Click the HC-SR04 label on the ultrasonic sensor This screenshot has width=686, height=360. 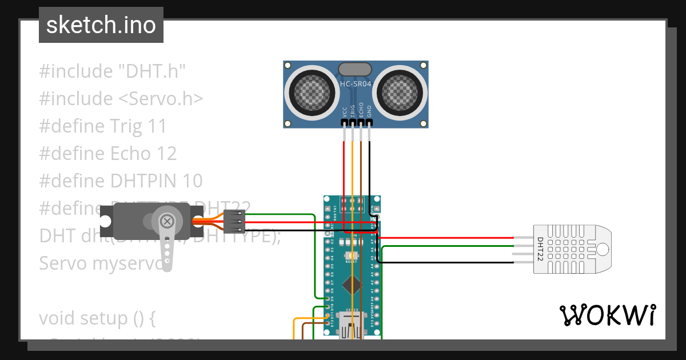click(356, 84)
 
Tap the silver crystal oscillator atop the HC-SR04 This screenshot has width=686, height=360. click(356, 69)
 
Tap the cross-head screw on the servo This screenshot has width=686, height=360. click(167, 221)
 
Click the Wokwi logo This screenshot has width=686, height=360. click(607, 315)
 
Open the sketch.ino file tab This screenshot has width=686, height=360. click(101, 25)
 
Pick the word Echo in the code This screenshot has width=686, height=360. click(130, 153)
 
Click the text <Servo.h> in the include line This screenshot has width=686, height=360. click(161, 98)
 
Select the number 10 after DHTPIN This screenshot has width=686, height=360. click(193, 181)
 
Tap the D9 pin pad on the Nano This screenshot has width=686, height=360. click(328, 298)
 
